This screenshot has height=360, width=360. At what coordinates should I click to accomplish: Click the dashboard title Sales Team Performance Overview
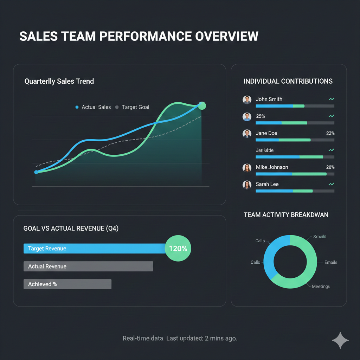139,37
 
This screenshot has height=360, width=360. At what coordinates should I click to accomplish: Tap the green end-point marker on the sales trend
202,105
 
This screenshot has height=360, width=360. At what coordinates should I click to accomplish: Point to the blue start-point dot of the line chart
36,172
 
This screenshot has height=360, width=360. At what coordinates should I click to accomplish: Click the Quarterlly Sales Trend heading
59,81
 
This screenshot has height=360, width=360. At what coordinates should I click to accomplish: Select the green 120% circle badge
178,249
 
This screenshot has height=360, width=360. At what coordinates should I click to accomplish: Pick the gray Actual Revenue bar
88,266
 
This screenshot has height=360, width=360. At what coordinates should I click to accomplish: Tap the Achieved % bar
67,284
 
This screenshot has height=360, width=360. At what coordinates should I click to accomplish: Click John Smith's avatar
247,99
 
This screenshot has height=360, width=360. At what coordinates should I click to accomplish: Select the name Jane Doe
266,133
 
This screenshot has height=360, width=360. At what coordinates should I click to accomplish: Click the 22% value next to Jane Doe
330,133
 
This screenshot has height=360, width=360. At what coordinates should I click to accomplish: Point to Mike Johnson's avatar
247,168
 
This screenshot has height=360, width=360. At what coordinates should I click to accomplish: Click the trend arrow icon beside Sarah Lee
331,184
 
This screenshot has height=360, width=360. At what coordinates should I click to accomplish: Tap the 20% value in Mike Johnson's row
330,167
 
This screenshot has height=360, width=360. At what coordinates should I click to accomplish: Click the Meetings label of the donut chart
321,287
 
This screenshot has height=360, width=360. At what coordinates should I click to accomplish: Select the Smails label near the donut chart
320,237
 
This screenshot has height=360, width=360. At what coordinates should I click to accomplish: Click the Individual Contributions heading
288,81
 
